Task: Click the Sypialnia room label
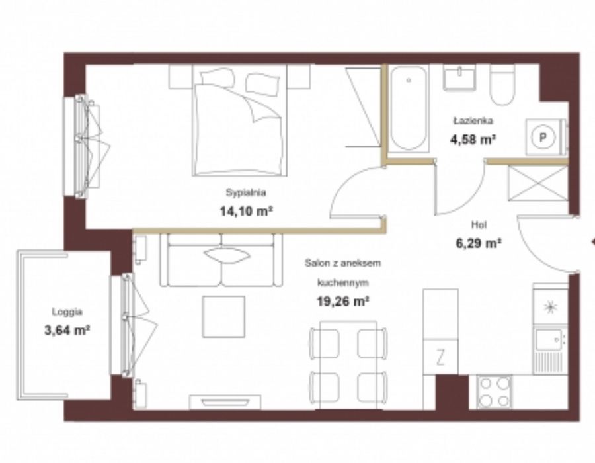pyautogui.click(x=246, y=192)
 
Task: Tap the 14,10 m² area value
pyautogui.click(x=247, y=211)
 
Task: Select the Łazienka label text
pyautogui.click(x=473, y=121)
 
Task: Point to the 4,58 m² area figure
pyautogui.click(x=473, y=140)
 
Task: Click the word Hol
pyautogui.click(x=479, y=224)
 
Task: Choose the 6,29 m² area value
pyautogui.click(x=479, y=243)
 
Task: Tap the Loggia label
pyautogui.click(x=67, y=312)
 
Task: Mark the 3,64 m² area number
pyautogui.click(x=67, y=330)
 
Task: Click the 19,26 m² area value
pyautogui.click(x=343, y=302)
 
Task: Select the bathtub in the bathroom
pyautogui.click(x=409, y=109)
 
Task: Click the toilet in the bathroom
pyautogui.click(x=502, y=85)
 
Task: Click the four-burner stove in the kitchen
pyautogui.click(x=494, y=392)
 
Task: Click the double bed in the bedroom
pyautogui.click(x=239, y=120)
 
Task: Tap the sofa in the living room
pyautogui.click(x=221, y=260)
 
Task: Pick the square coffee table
pyautogui.click(x=223, y=317)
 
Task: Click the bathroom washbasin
pyautogui.click(x=459, y=78)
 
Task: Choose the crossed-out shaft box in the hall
pyautogui.click(x=537, y=183)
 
